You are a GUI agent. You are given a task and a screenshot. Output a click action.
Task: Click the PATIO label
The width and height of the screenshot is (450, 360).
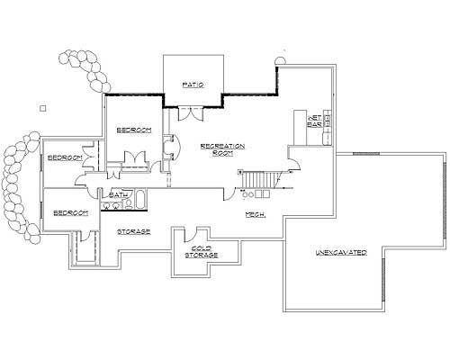click(x=192, y=85)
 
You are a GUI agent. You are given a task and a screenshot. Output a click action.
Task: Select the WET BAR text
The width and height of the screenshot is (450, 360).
click(x=316, y=121)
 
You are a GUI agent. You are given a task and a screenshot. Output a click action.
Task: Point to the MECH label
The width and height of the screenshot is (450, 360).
click(x=255, y=214)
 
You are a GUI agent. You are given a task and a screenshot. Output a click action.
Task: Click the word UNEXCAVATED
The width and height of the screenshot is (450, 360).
click(x=340, y=253)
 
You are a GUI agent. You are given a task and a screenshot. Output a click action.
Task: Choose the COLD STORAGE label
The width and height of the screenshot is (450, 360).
click(x=201, y=252)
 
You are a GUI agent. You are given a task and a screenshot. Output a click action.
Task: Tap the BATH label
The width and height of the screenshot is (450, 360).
click(x=117, y=195)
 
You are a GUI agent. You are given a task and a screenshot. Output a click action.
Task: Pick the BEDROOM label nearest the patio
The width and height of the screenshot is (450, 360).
click(x=134, y=130)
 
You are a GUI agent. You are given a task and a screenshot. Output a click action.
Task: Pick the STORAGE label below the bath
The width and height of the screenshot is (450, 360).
click(x=132, y=231)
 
